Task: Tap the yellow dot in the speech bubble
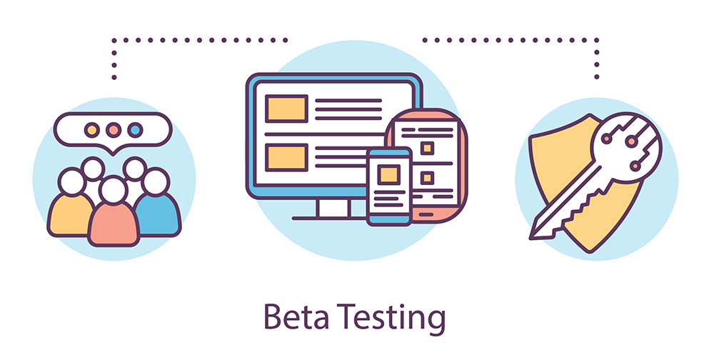coord(91,131)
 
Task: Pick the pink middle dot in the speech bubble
coord(113,131)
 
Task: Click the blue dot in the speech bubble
coord(134,131)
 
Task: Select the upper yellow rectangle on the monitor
coord(286,108)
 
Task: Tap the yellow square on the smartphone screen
coord(388,174)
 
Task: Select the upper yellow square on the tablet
coord(427,148)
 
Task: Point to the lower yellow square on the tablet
coord(427,177)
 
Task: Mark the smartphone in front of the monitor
coord(389,186)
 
